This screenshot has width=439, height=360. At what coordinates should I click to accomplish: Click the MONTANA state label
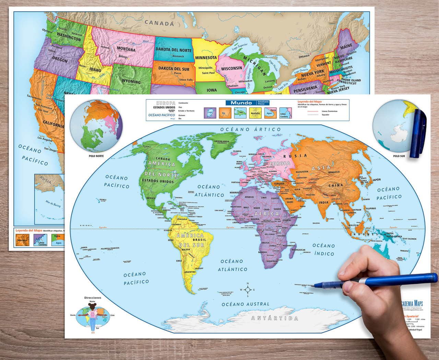click(x=126, y=49)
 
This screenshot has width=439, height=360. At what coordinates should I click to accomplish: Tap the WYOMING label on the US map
click(x=131, y=82)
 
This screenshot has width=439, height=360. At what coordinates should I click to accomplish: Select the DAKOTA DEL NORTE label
click(x=174, y=50)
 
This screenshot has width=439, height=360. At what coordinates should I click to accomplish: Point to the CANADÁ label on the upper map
click(x=159, y=23)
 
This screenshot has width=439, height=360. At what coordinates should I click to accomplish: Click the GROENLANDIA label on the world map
click(x=222, y=141)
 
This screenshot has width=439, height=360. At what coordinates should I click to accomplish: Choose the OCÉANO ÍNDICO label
click(x=323, y=249)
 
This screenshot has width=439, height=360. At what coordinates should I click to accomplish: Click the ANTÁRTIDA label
click(x=275, y=318)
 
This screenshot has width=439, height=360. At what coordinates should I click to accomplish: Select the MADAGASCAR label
click(x=298, y=250)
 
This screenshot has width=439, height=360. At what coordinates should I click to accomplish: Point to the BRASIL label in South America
click(x=199, y=240)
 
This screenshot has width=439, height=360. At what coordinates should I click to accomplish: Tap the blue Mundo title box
click(x=241, y=103)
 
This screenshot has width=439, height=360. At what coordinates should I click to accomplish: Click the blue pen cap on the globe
click(x=419, y=132)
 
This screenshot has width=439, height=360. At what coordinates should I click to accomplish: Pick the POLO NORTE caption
click(x=96, y=156)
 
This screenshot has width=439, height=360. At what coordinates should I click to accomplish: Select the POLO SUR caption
click(x=399, y=156)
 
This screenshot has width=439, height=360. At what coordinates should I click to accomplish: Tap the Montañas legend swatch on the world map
click(x=255, y=113)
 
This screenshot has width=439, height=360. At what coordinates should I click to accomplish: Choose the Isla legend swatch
click(x=240, y=113)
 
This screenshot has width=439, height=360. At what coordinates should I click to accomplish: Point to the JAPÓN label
click(x=377, y=179)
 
